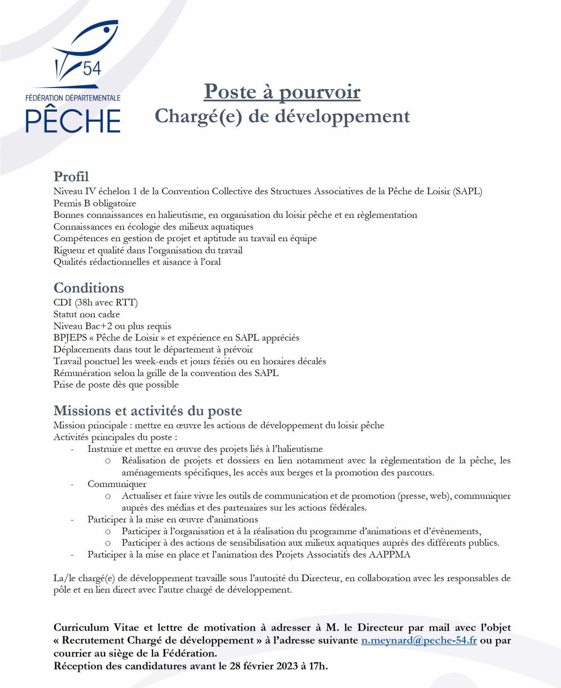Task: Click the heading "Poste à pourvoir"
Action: tap(282, 92)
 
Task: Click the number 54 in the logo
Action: tap(92, 68)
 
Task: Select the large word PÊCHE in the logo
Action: tap(73, 121)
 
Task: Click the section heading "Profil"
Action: tap(71, 176)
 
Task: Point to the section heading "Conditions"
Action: tap(89, 288)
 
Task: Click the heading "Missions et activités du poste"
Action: tap(147, 410)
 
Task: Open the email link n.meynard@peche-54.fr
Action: tap(419, 640)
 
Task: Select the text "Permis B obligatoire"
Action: tap(95, 204)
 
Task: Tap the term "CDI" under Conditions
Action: tap(62, 303)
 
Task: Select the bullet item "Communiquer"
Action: tap(117, 484)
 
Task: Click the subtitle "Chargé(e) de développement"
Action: tap(282, 116)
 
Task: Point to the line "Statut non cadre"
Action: tap(86, 315)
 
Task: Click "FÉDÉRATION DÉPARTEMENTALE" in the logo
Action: tap(73, 97)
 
